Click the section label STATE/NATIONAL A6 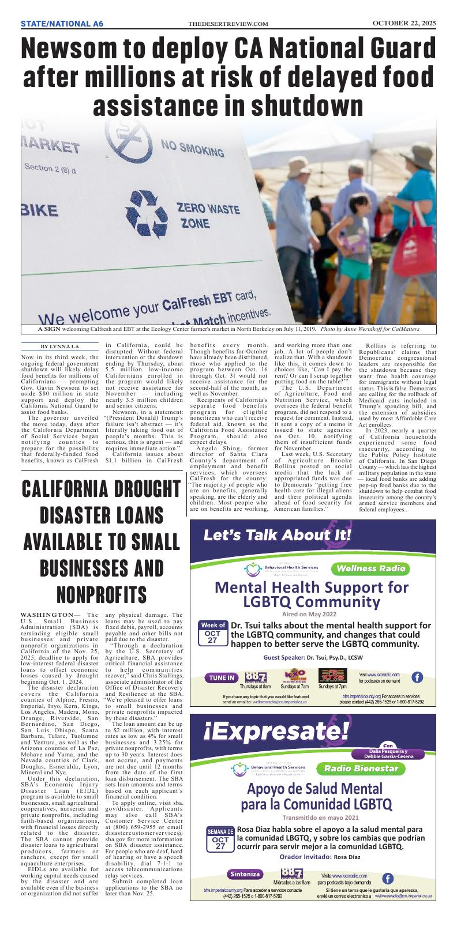tap(62, 24)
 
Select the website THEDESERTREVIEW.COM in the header tap(228, 24)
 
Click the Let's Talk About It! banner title tap(277, 535)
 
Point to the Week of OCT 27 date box tap(212, 633)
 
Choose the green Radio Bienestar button tap(361, 769)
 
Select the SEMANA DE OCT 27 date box tap(220, 839)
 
